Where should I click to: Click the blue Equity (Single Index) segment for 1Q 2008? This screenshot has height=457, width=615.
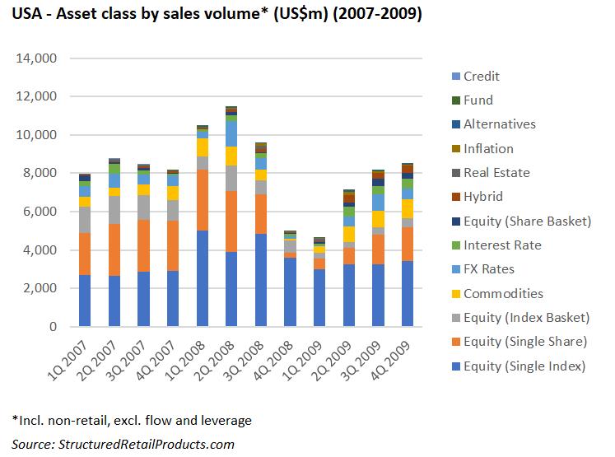tap(202, 278)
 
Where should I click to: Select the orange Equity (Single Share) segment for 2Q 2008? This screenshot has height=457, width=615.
tap(231, 222)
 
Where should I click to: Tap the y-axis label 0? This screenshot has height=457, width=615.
tap(53, 327)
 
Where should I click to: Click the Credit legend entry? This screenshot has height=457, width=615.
tap(482, 77)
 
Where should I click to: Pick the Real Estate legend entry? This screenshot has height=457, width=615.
tap(496, 173)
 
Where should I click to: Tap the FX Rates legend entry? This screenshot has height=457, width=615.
tap(489, 269)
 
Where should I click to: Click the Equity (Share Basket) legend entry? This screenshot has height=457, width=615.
tap(527, 222)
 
